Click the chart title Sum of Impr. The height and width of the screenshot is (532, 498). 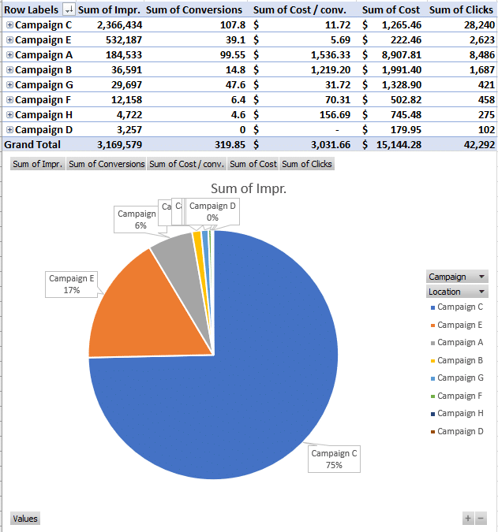(248, 188)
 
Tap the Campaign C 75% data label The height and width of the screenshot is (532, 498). (334, 459)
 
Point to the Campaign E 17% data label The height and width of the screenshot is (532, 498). (72, 284)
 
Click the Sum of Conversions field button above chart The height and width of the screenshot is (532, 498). (107, 164)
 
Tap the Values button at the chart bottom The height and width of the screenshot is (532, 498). (24, 519)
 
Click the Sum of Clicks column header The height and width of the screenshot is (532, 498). (462, 9)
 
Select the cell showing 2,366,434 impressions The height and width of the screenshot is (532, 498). (115, 25)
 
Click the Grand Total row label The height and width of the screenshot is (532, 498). (32, 145)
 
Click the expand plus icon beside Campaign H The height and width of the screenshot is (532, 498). (9, 115)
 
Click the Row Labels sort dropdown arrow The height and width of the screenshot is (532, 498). (69, 9)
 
